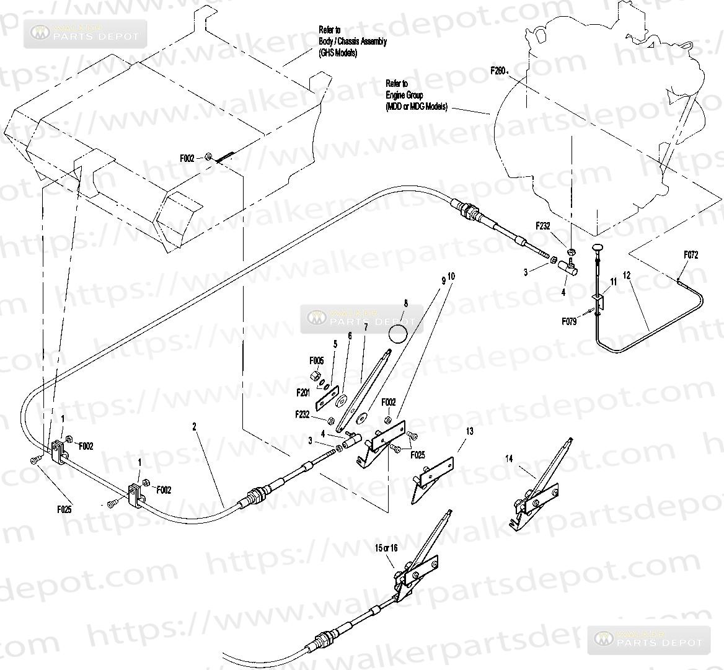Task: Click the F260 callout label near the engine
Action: [498, 71]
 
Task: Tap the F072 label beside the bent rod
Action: [691, 254]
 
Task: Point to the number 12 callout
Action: [627, 275]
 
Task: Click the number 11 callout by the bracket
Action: [614, 281]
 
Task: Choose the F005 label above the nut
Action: [316, 360]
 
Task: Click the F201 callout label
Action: [303, 392]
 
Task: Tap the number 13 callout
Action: [470, 431]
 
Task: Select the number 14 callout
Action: [509, 459]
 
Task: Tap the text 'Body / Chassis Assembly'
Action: [353, 42]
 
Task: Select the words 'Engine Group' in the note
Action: [404, 96]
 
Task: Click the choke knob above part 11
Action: [598, 248]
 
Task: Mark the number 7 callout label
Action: [366, 326]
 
